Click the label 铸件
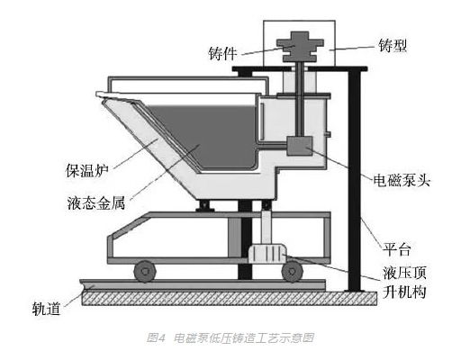pyautogui.click(x=222, y=54)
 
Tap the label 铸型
pyautogui.click(x=393, y=46)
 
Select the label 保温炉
pyautogui.click(x=87, y=170)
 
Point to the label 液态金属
pyautogui.click(x=96, y=202)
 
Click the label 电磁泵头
pyautogui.click(x=402, y=180)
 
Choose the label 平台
pyautogui.click(x=396, y=248)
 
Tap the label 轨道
pyautogui.click(x=46, y=309)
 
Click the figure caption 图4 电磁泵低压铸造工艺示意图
pyautogui.click(x=230, y=337)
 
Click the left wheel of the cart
pyautogui.click(x=145, y=271)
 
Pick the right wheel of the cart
pyautogui.click(x=292, y=271)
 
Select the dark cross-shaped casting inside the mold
pyautogui.click(x=300, y=47)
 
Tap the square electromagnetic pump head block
pyautogui.click(x=300, y=146)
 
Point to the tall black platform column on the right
pyautogui.click(x=354, y=180)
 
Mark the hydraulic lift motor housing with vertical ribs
pyautogui.click(x=267, y=254)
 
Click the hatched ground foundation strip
pyautogui.click(x=230, y=298)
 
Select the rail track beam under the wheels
pyautogui.click(x=203, y=284)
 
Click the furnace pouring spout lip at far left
pyautogui.click(x=104, y=94)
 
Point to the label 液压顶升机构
pyautogui.click(x=404, y=282)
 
